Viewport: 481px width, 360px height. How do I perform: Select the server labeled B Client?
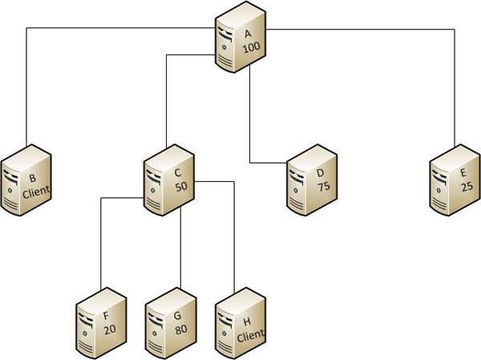(26, 180)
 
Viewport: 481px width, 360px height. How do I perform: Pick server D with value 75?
(312, 180)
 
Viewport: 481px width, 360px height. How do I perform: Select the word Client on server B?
(36, 191)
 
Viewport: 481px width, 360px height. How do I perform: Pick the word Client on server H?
(250, 337)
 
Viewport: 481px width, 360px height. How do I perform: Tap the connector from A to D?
(251, 120)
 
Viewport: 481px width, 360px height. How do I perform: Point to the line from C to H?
(232, 241)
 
